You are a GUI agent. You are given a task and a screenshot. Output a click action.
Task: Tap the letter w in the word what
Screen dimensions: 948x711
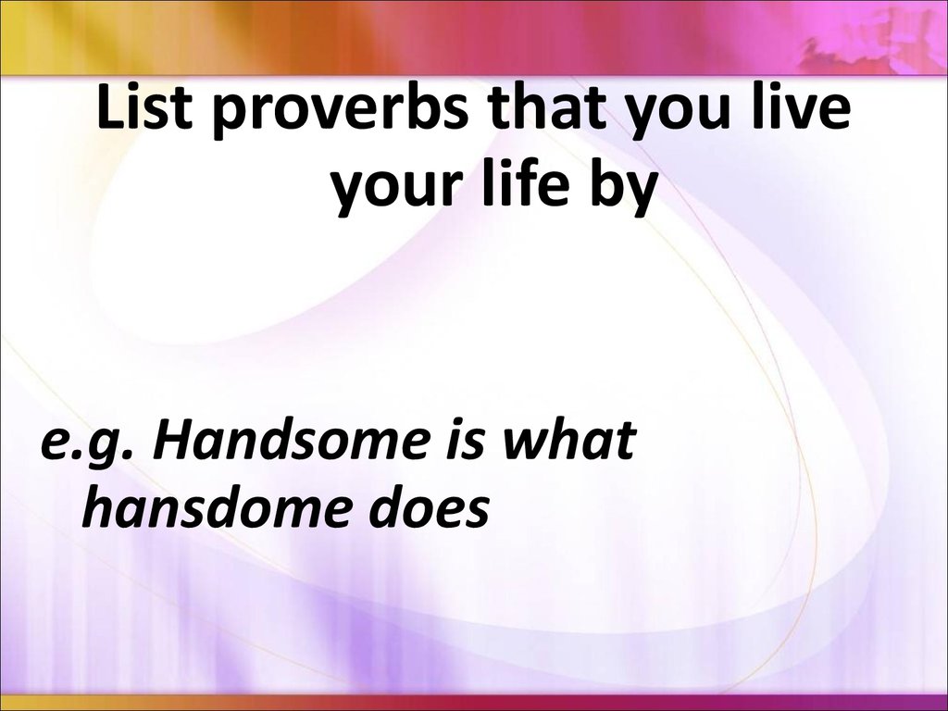pyautogui.click(x=529, y=443)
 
